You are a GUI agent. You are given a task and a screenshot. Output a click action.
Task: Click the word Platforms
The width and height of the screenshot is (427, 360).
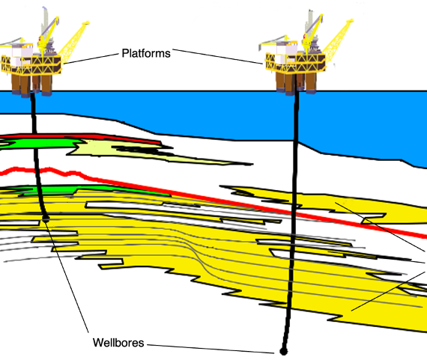pos(146,53)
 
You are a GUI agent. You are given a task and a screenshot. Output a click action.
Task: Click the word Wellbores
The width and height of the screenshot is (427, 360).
pos(118,343)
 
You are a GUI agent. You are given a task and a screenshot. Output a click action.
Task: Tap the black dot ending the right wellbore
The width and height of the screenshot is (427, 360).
pos(283,352)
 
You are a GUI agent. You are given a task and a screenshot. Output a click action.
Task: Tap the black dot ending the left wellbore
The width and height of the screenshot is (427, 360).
pos(46,219)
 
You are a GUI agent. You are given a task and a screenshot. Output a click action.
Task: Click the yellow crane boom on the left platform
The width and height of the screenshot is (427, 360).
pos(73,41)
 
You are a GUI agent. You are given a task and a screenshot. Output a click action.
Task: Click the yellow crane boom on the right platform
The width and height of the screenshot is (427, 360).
pos(338,40)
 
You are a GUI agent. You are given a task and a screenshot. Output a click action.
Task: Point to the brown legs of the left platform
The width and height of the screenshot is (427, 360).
pos(31,85)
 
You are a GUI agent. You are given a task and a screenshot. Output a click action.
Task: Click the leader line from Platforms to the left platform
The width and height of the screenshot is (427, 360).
pos(91,59)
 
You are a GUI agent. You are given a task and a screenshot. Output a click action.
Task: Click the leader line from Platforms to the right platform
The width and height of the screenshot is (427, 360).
pos(218,57)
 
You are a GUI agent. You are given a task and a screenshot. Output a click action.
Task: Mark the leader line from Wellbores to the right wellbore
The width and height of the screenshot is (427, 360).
pos(211,349)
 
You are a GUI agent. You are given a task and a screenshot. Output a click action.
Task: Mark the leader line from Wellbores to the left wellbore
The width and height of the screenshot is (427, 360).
pos(67,275)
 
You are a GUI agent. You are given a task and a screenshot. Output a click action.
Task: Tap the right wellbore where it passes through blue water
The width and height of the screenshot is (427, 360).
pos(297,116)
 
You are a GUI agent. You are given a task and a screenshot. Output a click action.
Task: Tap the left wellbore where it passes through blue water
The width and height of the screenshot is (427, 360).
pos(33,103)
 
